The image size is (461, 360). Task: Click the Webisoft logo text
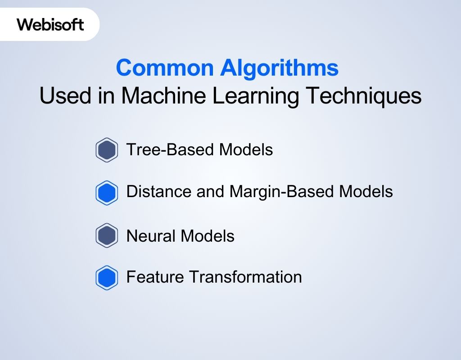tap(50, 24)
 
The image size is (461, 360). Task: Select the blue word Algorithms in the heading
tap(279, 68)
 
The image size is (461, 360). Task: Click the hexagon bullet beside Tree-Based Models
tap(107, 150)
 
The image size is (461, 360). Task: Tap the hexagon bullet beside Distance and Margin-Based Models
tap(107, 193)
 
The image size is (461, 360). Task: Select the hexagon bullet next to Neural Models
tap(107, 236)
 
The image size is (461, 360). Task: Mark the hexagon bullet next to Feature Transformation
tap(107, 278)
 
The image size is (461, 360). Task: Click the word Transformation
tap(245, 277)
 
